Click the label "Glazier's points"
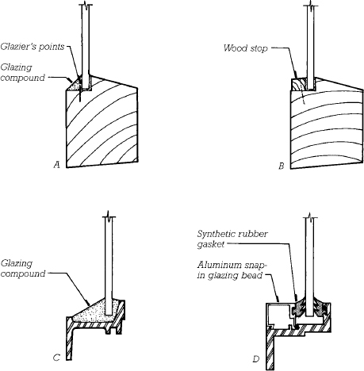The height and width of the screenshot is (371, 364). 33,47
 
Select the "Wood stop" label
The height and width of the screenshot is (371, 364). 246,48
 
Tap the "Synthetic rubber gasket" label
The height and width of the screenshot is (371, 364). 232,239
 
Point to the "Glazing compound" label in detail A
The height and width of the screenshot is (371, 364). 23,73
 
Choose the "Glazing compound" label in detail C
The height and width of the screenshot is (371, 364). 23,269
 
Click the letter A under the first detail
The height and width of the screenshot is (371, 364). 56,165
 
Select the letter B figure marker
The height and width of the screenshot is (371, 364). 282,166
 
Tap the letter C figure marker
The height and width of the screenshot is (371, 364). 56,358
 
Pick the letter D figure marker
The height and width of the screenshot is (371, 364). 255,359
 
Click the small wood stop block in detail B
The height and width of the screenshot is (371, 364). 298,85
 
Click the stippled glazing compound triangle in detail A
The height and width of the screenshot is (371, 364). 75,85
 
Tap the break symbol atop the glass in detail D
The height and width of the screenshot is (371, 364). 310,216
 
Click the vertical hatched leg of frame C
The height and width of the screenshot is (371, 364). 69,341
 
